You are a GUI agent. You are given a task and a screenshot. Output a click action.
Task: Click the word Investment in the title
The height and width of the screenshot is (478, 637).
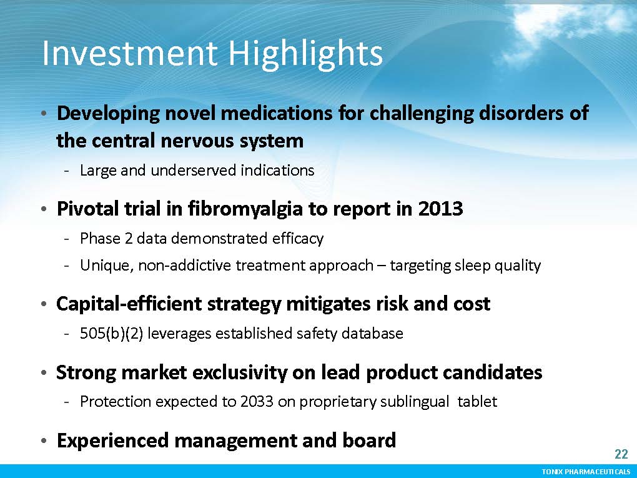pos(129,53)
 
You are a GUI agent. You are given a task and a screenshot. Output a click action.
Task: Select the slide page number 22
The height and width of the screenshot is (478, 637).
pos(621,454)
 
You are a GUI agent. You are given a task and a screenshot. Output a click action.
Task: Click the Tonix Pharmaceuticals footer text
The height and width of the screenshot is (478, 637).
pos(586,472)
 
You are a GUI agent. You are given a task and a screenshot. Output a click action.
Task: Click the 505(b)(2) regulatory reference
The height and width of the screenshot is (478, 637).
pos(111,333)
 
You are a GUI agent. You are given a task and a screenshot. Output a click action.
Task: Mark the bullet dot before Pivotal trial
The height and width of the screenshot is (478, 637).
pos(44,210)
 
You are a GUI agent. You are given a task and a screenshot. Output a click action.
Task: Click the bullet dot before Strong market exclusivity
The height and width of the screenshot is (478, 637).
pos(44,373)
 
